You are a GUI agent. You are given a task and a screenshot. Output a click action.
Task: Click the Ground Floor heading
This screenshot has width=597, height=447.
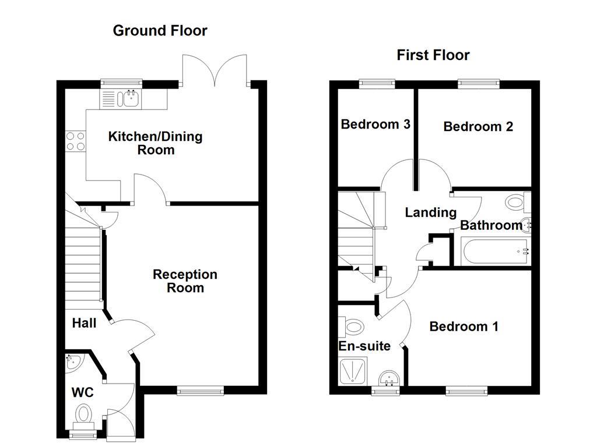pos(160,30)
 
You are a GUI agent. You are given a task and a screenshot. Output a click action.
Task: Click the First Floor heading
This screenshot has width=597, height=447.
pos(433,55)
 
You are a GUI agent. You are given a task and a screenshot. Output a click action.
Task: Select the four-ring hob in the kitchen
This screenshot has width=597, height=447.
pos(75,141)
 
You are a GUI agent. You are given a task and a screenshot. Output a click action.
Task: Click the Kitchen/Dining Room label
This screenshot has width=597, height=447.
pos(155,143)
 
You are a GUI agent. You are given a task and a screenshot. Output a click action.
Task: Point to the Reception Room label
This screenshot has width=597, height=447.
pos(185,281)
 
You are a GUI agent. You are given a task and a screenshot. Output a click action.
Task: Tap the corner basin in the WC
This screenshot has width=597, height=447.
pos(73,363)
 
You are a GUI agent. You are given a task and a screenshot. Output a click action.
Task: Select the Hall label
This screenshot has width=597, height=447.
pos(84,322)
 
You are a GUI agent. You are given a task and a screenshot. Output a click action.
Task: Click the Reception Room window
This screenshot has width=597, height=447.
pos(201,391)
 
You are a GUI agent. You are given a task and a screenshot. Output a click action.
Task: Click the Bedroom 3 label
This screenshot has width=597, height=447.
pos(375,124)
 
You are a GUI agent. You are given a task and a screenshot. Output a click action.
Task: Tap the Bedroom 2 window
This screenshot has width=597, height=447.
pos(479,84)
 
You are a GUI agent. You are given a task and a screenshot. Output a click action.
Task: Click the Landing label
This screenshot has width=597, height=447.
pos(430,212)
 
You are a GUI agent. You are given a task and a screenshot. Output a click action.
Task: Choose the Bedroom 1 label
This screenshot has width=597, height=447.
pos(463,327)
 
